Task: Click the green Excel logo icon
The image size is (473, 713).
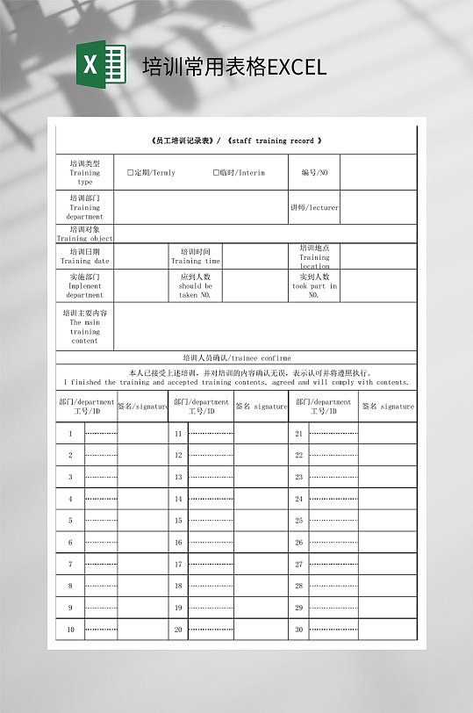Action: click(101, 64)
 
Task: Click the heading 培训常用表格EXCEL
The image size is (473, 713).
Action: click(234, 67)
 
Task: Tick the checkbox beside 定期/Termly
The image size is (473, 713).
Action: click(130, 173)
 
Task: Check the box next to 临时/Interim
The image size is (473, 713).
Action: click(216, 173)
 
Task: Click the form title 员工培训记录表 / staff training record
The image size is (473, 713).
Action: click(236, 140)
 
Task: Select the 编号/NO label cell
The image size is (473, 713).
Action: click(313, 173)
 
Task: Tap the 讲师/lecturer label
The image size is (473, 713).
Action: click(314, 208)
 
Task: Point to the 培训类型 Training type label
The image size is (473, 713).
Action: click(85, 172)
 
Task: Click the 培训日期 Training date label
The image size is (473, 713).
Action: click(85, 256)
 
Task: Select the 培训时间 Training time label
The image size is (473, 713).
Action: click(196, 256)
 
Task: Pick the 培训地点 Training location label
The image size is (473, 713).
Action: click(314, 256)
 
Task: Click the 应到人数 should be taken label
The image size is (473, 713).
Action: click(195, 285)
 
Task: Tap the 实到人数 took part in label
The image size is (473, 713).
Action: click(314, 285)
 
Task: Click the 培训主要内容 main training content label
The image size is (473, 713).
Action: click(85, 327)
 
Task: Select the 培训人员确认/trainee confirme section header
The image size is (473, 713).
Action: click(236, 358)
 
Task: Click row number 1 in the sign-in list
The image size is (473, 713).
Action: click(70, 434)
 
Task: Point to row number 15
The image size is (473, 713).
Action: click(178, 521)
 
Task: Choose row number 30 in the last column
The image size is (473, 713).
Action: click(298, 630)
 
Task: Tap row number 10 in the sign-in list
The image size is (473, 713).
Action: click(70, 630)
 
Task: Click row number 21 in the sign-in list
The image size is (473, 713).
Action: click(298, 434)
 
